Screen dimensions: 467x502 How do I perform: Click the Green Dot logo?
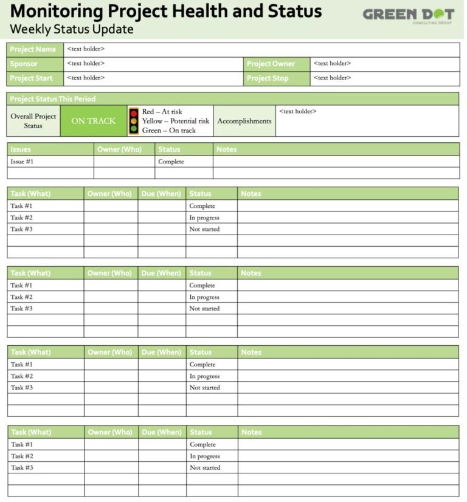[408, 15]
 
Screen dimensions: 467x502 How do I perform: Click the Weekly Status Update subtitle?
[72, 29]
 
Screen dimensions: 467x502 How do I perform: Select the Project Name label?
[33, 49]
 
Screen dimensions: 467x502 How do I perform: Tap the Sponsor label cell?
[24, 64]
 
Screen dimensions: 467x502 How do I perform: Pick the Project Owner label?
[271, 64]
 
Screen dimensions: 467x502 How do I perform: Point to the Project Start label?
[31, 78]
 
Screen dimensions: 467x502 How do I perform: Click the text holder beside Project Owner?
[332, 63]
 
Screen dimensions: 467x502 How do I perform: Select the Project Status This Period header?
[53, 98]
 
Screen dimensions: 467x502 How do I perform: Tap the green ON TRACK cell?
[93, 121]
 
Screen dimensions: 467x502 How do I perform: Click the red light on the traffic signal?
[134, 113]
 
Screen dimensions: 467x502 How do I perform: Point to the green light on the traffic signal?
[134, 129]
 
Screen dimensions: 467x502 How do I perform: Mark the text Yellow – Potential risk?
[176, 121]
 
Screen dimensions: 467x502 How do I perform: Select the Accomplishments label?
[244, 121]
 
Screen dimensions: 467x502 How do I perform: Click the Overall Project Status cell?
[33, 121]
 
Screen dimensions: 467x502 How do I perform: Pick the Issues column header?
[21, 149]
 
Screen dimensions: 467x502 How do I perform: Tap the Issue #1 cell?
[22, 162]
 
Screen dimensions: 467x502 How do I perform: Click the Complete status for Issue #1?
[171, 162]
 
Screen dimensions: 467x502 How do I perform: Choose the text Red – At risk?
[162, 112]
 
